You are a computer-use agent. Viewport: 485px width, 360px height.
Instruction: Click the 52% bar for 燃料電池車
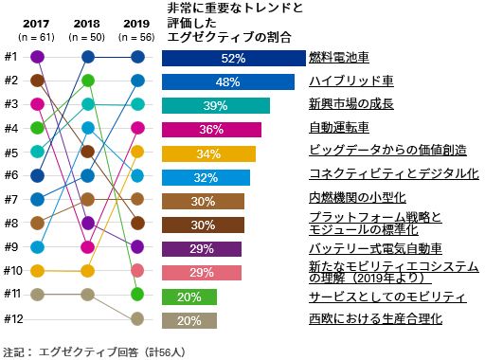pyautogui.click(x=232, y=58)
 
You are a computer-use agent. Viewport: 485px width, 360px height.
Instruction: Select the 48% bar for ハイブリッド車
pyautogui.click(x=227, y=81)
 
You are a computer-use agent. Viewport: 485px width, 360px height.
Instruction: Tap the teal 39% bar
pyautogui.click(x=216, y=105)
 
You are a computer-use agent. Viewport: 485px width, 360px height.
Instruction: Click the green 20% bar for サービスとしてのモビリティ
pyautogui.click(x=189, y=296)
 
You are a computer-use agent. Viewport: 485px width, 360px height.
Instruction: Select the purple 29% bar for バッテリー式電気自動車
pyautogui.click(x=202, y=248)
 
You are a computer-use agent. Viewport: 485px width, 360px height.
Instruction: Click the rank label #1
pyautogui.click(x=10, y=57)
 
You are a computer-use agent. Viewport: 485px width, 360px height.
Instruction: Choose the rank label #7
pyautogui.click(x=10, y=199)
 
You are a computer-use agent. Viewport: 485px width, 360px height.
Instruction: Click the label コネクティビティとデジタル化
pyautogui.click(x=394, y=174)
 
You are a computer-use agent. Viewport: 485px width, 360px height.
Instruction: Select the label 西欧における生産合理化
pyautogui.click(x=375, y=319)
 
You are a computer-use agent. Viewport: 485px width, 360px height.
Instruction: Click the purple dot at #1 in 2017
pyautogui.click(x=37, y=57)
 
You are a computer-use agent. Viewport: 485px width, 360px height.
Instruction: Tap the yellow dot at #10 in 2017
pyautogui.click(x=37, y=271)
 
